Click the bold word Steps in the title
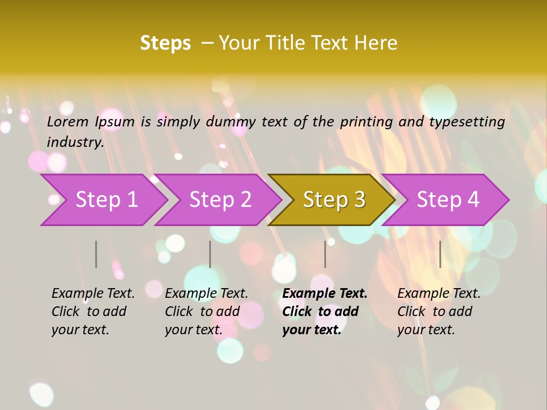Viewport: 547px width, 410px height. coord(165,43)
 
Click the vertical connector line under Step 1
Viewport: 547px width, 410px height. coord(96,254)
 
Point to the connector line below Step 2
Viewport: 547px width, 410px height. coord(210,254)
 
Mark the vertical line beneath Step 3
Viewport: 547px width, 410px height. coord(325,254)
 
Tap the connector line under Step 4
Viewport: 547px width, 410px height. coord(440,254)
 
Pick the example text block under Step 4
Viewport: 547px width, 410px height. coord(439,311)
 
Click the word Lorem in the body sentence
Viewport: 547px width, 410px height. coord(68,121)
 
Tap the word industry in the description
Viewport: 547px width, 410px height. coord(75,142)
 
